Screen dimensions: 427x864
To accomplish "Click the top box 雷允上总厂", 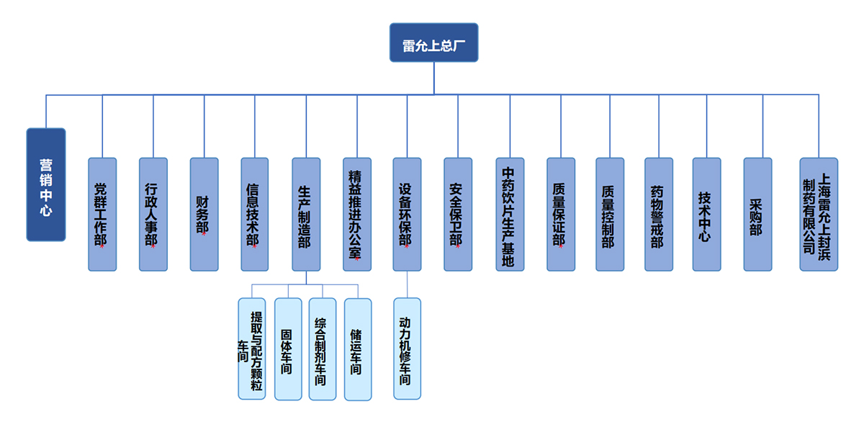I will point(433,42).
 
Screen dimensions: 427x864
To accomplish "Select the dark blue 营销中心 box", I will point(46,184).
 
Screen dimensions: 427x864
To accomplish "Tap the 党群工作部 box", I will point(102,214).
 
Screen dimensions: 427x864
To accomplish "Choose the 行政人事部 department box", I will point(153,214).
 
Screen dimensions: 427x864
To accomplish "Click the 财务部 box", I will point(204,214).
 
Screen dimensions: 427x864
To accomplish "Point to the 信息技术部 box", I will point(255,214).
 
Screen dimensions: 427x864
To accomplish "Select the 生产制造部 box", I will point(306,214).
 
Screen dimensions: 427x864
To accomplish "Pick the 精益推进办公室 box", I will point(357,214).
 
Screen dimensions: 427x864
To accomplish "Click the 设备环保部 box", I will point(407,214).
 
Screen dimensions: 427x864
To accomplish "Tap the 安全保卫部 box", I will point(458,214).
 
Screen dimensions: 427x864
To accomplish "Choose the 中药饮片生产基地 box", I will point(510,214).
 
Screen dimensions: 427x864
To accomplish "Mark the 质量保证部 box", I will point(561,214).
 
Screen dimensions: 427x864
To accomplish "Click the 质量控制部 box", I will point(610,214).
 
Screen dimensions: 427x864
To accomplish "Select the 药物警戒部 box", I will point(658,214).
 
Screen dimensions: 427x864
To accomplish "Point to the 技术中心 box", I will point(706,214).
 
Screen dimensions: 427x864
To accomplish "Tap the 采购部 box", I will point(757,214).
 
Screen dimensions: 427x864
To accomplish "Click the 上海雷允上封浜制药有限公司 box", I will point(819,214).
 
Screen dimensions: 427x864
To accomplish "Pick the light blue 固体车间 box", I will point(288,349).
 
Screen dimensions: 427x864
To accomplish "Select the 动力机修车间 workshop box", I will point(407,349).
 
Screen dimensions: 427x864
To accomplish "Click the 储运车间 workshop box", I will point(358,349).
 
